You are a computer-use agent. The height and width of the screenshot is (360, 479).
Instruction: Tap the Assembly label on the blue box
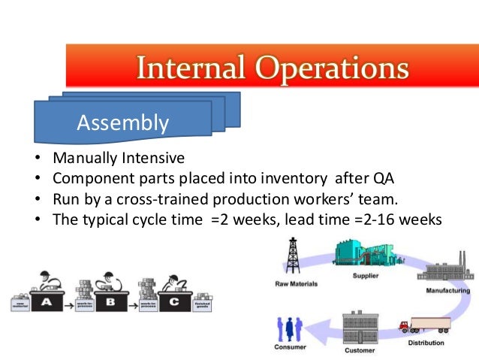coord(122,123)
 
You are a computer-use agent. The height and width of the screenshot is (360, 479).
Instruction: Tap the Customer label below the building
coord(359,350)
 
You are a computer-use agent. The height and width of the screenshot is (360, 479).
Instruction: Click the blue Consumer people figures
coord(289,329)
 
